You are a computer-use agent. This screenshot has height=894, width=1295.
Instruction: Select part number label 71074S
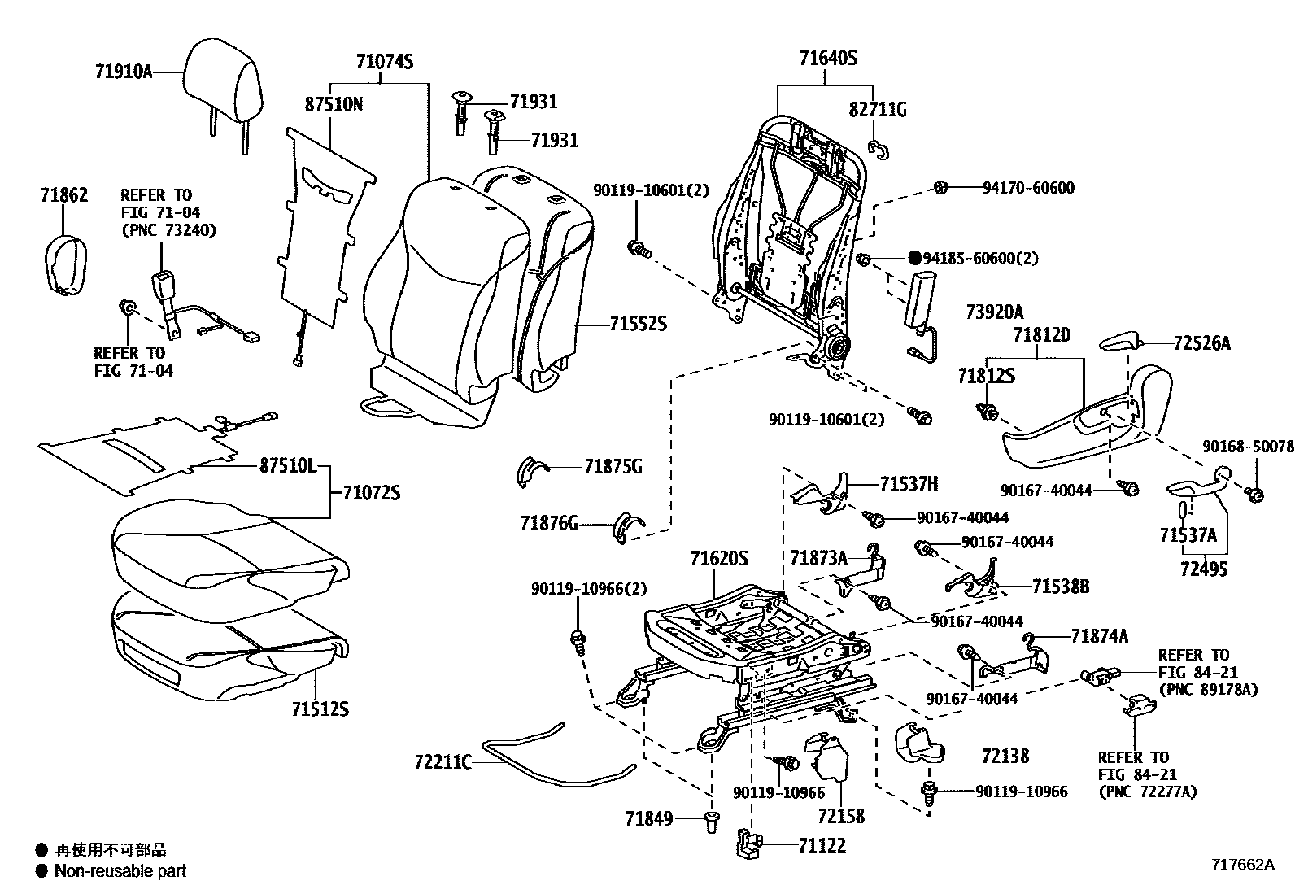coord(385,62)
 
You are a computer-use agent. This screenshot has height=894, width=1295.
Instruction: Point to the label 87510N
coord(334,105)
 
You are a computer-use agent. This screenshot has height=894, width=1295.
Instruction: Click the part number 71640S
coord(828,59)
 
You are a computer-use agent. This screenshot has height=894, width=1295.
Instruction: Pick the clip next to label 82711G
coord(879,147)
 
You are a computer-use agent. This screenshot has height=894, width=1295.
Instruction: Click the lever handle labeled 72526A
coord(1118,340)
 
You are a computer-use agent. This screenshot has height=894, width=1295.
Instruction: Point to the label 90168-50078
coord(1247,447)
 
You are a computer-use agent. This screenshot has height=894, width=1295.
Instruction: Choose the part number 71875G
coord(613,467)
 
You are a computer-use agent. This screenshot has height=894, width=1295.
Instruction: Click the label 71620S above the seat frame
coord(719,559)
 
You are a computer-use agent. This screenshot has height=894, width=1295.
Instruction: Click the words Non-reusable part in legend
coord(120,871)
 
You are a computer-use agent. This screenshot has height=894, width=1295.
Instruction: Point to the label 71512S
coord(320,709)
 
